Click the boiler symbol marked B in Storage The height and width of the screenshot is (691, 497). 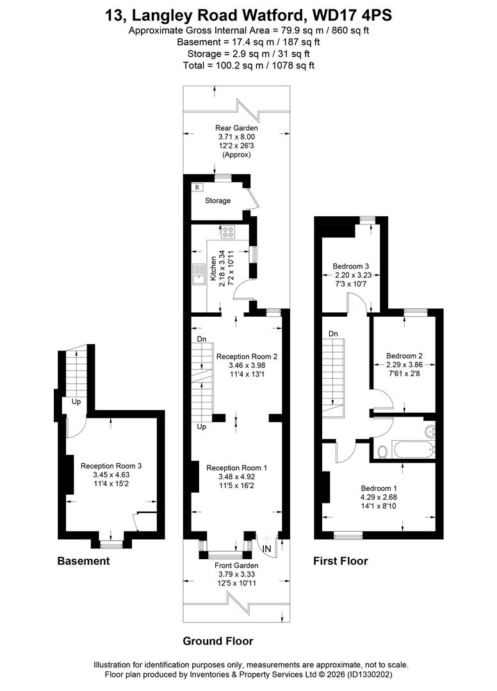197,187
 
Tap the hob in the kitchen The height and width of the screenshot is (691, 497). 229,232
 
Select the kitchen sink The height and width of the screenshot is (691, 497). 199,274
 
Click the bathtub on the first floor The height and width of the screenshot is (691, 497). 414,450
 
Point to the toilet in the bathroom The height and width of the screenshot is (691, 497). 382,452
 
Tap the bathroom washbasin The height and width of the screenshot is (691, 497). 430,431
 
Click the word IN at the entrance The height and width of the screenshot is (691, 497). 267,549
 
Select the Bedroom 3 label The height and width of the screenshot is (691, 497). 350,266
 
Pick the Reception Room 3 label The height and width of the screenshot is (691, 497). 111,466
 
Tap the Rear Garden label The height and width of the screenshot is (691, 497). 236,128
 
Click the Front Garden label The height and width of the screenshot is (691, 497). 236,566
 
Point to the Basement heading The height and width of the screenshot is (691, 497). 83,561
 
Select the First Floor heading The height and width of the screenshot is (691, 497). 341,561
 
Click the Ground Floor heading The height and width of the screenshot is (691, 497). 218,641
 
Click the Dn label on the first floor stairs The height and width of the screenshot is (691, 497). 334,334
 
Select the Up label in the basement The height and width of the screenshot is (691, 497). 76,402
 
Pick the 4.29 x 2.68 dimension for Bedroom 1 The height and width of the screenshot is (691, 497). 379,497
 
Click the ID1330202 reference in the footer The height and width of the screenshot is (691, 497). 370,675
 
